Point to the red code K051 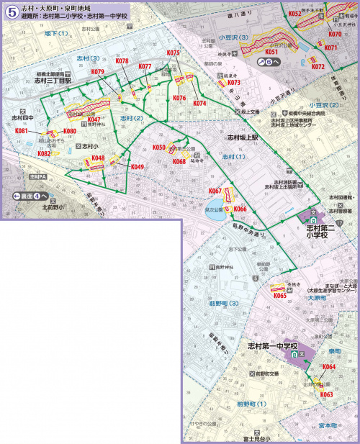pyautogui.click(x=272, y=52)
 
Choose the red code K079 pyautogui.click(x=98, y=72)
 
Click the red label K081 pyautogui.click(x=22, y=131)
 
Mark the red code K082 pyautogui.click(x=44, y=153)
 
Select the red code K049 pyautogui.click(x=138, y=167)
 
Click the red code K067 pyautogui.click(x=215, y=191)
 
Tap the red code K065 pyautogui.click(x=280, y=295)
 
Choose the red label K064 pyautogui.click(x=328, y=367)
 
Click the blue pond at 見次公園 pyautogui.click(x=215, y=213)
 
